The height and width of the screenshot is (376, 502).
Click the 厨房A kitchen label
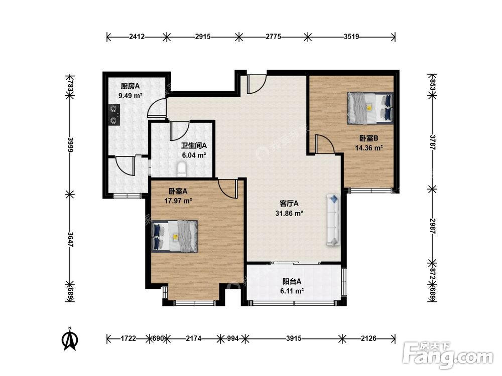point(131,86)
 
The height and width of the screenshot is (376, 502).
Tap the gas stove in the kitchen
point(113,114)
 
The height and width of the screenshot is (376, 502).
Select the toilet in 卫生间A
point(182,169)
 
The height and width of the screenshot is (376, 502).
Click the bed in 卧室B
point(370,108)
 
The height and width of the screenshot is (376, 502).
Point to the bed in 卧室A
point(175,236)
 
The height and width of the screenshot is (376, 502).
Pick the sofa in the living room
point(333,220)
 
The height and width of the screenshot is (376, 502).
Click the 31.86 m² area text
point(289,213)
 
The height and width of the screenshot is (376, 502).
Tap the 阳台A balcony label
point(292,281)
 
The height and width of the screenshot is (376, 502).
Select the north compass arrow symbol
point(70,338)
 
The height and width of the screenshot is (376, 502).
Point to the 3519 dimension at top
point(351,37)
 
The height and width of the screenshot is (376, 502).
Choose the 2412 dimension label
point(137,37)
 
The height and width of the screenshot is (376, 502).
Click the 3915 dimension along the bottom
point(294,338)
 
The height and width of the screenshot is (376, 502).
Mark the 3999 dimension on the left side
point(71,145)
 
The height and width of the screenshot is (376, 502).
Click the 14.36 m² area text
point(369,148)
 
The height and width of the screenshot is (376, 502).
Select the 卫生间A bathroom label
point(194,145)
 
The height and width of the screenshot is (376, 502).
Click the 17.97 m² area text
point(178,201)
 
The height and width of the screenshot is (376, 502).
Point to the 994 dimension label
point(233,338)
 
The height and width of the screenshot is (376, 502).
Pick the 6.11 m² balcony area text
point(292,291)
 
